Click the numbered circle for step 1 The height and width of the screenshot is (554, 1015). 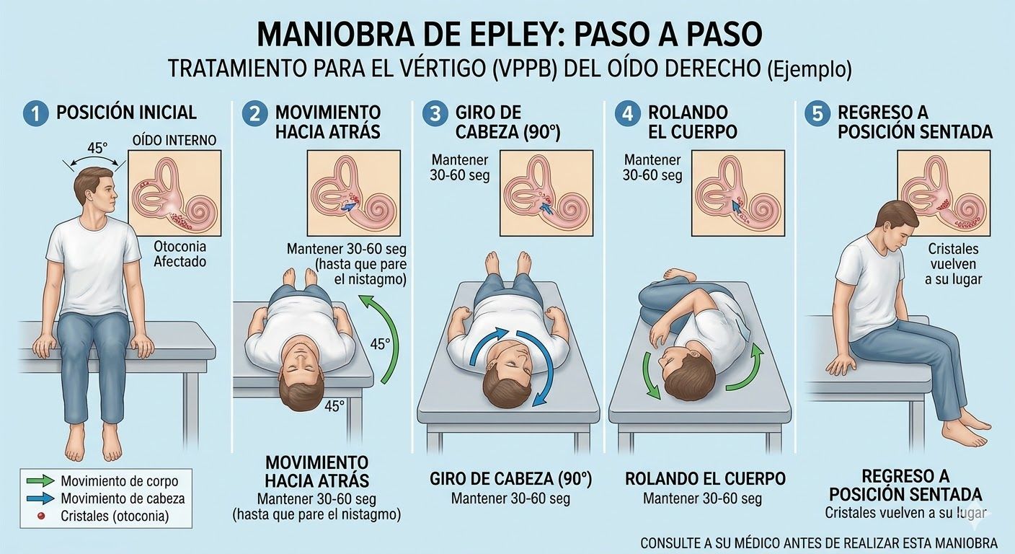point(35,113)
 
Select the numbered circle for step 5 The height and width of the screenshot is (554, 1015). point(818,113)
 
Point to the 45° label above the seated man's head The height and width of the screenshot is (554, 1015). point(97,148)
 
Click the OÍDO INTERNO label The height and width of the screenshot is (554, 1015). point(174,140)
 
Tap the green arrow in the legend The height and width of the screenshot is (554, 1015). point(41,480)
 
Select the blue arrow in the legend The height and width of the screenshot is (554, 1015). point(41,498)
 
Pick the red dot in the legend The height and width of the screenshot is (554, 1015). point(41,516)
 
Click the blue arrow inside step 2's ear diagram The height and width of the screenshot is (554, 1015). point(348,207)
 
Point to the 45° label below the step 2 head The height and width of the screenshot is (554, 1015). point(334,406)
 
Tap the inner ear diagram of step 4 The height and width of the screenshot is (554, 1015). point(738,193)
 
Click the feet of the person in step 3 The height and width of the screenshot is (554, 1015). point(508,263)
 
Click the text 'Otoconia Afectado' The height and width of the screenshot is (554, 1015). point(180,254)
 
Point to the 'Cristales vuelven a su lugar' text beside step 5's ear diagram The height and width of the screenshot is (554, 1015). point(954,264)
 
